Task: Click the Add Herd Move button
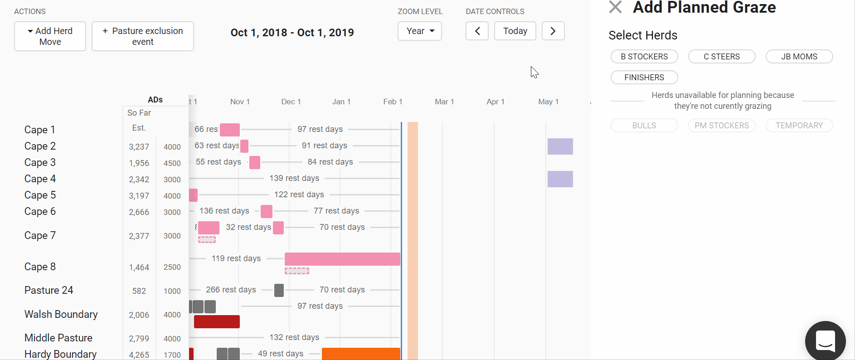50,36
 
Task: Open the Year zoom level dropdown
419,31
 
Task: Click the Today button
515,31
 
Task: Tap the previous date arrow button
477,31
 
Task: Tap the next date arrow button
553,31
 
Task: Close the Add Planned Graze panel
615,7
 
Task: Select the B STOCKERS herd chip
644,57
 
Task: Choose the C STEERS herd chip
722,57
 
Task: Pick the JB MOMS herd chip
799,57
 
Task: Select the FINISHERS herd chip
644,78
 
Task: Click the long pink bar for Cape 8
342,259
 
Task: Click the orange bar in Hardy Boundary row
361,354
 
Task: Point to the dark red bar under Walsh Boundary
217,321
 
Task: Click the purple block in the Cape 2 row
560,146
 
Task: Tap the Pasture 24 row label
49,290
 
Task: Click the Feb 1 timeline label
393,102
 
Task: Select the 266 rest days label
231,290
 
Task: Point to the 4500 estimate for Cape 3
172,163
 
